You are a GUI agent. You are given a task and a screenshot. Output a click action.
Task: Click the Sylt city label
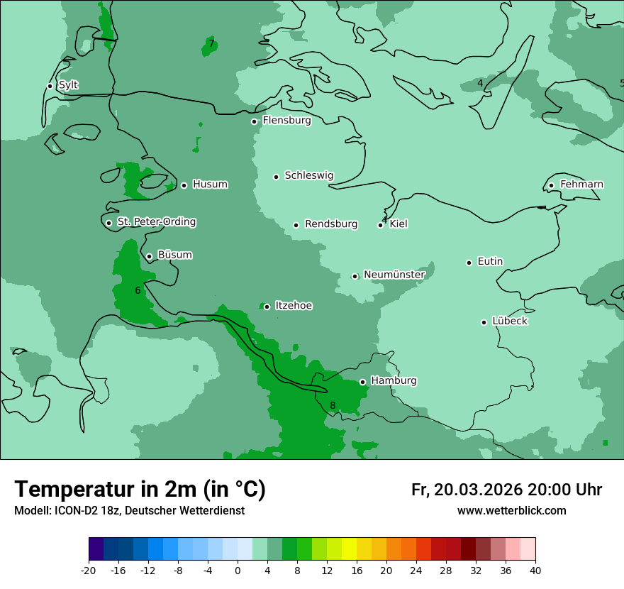coord(68,85)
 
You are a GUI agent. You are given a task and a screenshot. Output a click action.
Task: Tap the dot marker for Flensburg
coord(254,121)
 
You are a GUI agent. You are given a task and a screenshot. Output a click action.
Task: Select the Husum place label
coord(210,185)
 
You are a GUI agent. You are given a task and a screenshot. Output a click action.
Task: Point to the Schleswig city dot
coord(276,177)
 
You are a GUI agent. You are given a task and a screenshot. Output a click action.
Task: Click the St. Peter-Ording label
coord(156,222)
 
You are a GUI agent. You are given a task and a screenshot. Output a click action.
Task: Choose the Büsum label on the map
coord(174,255)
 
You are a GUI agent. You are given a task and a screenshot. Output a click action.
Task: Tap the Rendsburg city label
coord(331,224)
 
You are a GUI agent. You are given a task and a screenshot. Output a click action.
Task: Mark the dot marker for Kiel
coord(381,225)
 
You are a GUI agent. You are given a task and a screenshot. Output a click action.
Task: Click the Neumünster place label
coord(394,275)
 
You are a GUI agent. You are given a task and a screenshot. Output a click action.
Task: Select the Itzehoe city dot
coord(267,307)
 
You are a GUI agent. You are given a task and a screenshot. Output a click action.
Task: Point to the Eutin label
coord(490,262)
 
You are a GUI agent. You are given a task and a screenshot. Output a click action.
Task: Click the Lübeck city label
coord(509,321)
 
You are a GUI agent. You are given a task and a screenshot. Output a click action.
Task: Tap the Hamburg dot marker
coord(362,382)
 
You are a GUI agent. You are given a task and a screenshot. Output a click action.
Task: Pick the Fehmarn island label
coord(581,185)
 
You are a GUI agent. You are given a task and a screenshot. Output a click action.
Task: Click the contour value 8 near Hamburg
coord(333,406)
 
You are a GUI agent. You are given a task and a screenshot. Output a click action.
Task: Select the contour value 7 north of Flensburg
coord(211,44)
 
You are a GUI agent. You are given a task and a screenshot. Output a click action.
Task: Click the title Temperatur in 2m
coord(140,489)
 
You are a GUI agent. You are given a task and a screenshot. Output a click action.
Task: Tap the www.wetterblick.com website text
coord(511,511)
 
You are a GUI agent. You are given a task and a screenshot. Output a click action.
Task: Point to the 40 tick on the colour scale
coord(535,570)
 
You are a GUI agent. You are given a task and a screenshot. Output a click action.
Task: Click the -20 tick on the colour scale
coord(89,570)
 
